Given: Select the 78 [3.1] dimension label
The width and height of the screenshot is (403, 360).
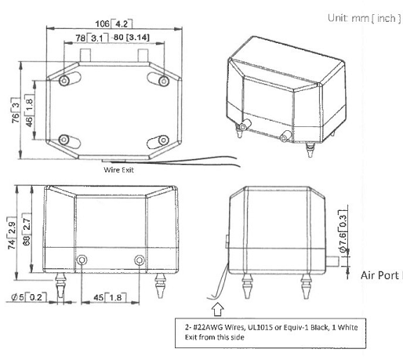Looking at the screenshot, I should click(86, 38).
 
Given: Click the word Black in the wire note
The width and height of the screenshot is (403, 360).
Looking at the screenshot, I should click(332, 328).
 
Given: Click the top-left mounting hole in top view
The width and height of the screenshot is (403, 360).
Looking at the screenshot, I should click(64, 82).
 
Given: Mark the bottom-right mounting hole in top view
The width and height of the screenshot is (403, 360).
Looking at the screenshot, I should click(163, 142).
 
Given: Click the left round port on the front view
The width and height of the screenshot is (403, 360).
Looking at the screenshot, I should click(81, 260).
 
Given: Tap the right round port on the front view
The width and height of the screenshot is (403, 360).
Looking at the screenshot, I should click(140, 260).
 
